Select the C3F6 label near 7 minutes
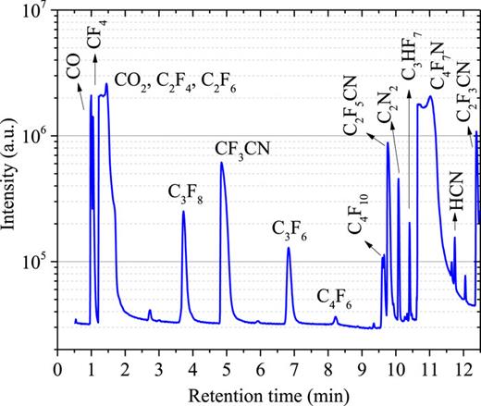click(290, 228)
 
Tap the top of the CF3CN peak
click(222, 163)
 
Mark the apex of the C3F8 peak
click(184, 212)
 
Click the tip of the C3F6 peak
click(289, 247)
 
